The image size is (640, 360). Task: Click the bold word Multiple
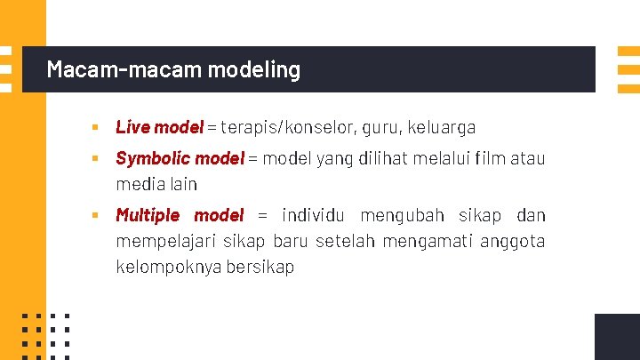coord(148,215)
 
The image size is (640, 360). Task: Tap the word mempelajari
coord(165,241)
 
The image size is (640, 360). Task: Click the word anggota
coord(513,241)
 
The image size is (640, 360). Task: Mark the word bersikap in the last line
coord(260,267)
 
